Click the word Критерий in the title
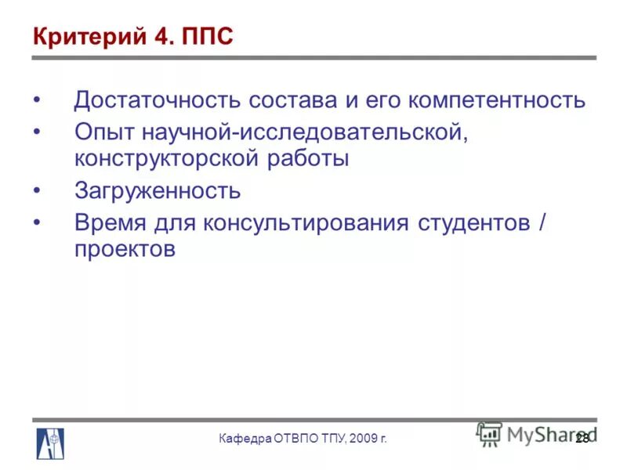point(87,37)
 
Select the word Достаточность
point(156,101)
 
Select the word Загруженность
point(158,191)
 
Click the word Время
point(111,222)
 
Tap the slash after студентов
point(542,222)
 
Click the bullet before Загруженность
point(38,191)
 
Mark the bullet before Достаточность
point(38,101)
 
